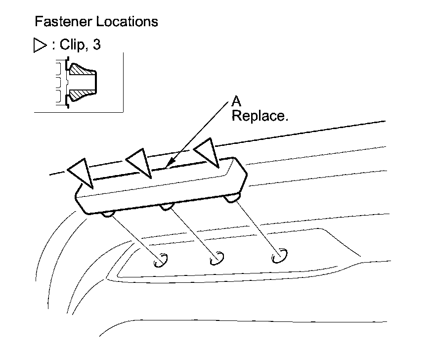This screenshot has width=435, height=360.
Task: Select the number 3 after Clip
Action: click(x=96, y=45)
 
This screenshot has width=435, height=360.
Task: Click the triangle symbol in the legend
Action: click(x=40, y=45)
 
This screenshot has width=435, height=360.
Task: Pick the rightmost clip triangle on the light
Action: click(x=206, y=151)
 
